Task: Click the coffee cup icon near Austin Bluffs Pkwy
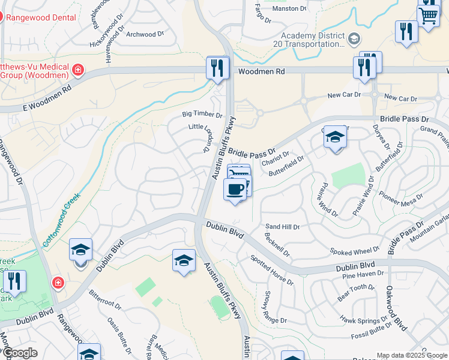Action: point(235,190)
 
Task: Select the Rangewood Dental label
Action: point(40,17)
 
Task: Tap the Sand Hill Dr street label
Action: point(282,227)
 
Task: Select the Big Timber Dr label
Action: point(202,114)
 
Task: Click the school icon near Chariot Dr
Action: point(335,138)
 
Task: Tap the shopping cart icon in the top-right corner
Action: point(429,14)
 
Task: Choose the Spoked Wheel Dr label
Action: point(354,251)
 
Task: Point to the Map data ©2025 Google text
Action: point(412,355)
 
